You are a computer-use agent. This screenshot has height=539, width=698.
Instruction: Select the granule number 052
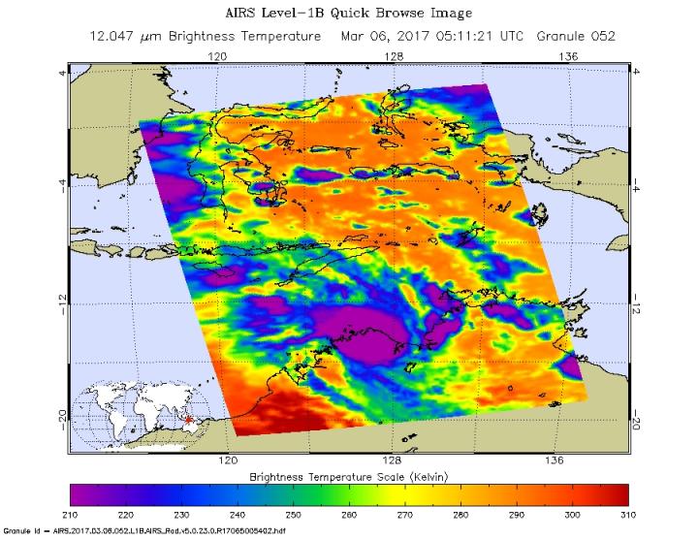(x=602, y=36)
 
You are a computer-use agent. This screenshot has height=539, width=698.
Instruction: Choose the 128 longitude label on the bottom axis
(x=393, y=460)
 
